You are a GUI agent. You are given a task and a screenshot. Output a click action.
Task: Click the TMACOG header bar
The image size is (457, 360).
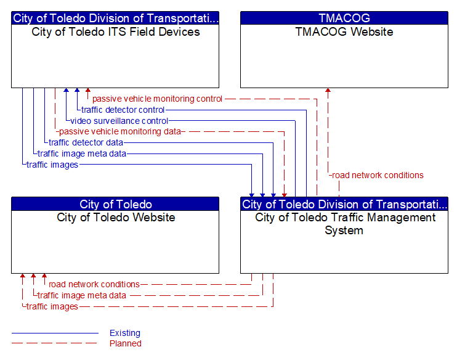coord(344,18)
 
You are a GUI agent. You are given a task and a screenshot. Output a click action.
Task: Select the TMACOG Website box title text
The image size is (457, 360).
coord(344,32)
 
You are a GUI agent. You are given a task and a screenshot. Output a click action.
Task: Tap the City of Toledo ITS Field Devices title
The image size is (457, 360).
coord(116,32)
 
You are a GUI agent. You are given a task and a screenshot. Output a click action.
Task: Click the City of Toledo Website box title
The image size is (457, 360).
coord(116,218)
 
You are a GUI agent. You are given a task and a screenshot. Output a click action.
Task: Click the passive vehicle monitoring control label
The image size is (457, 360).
coord(157,99)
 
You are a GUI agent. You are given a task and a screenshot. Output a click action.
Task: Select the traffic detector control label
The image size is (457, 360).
coord(123,110)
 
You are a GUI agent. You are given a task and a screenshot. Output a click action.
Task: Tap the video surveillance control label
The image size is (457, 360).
coord(119,121)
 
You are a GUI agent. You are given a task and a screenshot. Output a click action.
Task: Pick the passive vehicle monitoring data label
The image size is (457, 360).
coord(120,131)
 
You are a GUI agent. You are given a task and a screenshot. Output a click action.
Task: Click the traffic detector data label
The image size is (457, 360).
coord(86,142)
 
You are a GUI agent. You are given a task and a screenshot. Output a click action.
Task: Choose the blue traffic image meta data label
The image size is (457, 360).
coord(82,153)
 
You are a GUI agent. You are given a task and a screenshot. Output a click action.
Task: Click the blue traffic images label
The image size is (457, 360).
coord(52,165)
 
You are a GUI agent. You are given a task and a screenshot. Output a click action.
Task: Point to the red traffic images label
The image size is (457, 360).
coord(52,306)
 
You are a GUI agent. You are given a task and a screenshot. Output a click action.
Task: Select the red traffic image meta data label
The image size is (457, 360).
coord(82,295)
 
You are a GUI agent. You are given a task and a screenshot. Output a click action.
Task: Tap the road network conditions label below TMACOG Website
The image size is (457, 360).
coord(378,175)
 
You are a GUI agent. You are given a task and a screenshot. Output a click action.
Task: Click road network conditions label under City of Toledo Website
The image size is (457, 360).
coord(94,284)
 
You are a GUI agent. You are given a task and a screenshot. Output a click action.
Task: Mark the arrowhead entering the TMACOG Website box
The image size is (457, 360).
coord(328,91)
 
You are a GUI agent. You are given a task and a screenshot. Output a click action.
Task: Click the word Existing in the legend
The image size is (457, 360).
coord(125,333)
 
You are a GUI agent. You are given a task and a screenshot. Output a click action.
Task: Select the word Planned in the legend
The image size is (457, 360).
coord(126,343)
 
